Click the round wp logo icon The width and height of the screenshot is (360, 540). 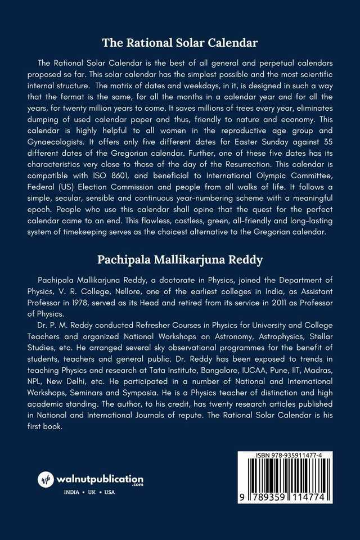click(x=46, y=480)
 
